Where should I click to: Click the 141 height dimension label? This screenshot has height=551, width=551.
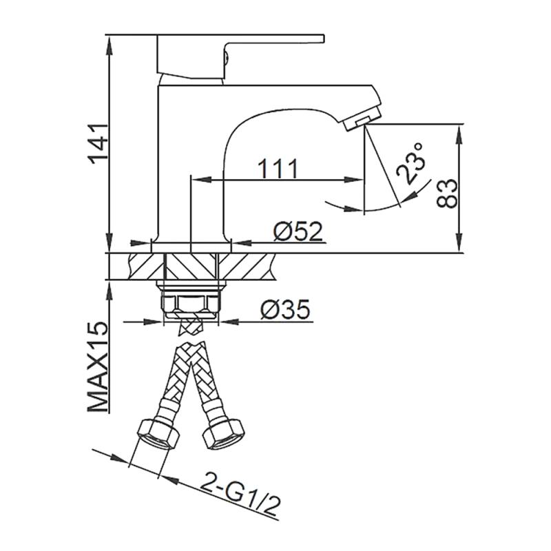tap(98, 143)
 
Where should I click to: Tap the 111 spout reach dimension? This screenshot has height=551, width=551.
tap(278, 168)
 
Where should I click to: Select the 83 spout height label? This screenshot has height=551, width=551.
tap(447, 194)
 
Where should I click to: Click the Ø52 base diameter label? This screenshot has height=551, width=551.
tap(298, 231)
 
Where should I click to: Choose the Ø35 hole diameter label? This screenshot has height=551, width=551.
tap(285, 309)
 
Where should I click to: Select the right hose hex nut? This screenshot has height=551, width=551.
tap(222, 434)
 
